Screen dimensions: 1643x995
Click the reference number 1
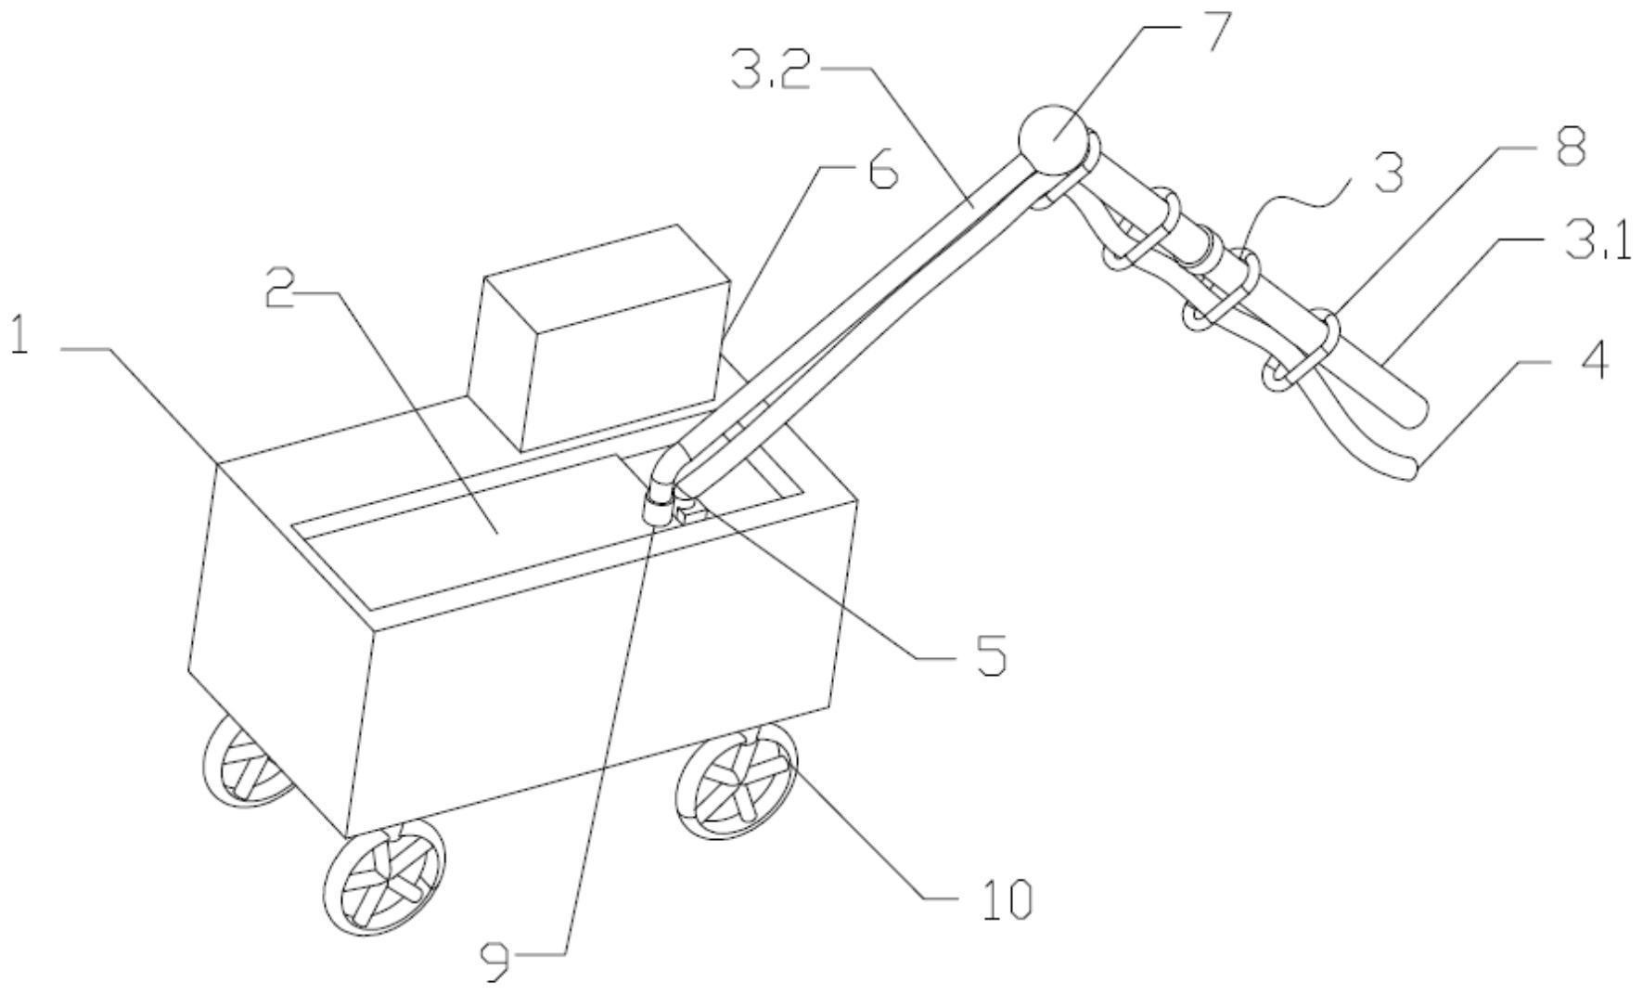[19, 336]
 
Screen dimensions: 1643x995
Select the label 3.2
[769, 71]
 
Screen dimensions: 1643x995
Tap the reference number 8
[1569, 146]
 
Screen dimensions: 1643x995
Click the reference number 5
[990, 656]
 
